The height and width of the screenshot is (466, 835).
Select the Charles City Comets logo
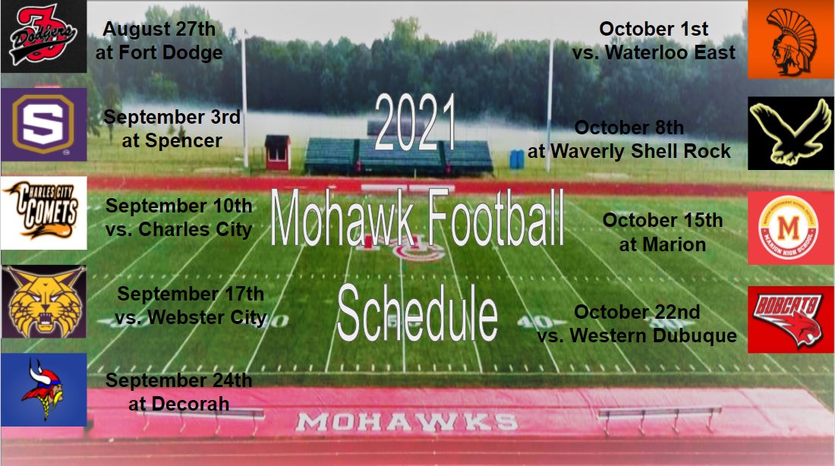43,213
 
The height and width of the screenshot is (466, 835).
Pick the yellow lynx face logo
43,301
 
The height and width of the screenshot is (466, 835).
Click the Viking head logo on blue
43,390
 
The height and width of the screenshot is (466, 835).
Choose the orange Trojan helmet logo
791,39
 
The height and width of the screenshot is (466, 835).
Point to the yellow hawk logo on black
791,133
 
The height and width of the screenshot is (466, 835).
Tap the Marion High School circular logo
791,228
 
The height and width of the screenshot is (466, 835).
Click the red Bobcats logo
791,320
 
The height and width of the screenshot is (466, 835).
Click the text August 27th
159,29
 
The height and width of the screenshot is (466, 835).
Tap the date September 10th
178,205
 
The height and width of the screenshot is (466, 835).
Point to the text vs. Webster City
191,317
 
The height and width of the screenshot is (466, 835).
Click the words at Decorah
179,404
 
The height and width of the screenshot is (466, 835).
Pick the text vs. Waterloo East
654,52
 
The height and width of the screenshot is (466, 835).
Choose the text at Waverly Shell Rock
629,151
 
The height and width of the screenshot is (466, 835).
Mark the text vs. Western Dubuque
637,335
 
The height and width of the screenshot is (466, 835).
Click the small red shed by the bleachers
278,153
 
